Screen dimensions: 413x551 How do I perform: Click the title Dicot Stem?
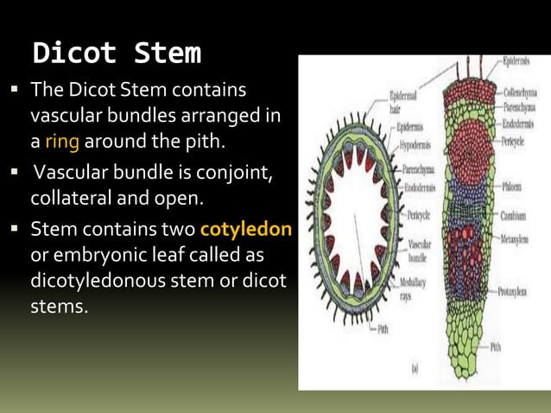pos(116,54)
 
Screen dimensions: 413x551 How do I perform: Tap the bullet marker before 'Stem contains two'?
pos(15,231)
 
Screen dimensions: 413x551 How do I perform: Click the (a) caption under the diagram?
pos(415,366)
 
